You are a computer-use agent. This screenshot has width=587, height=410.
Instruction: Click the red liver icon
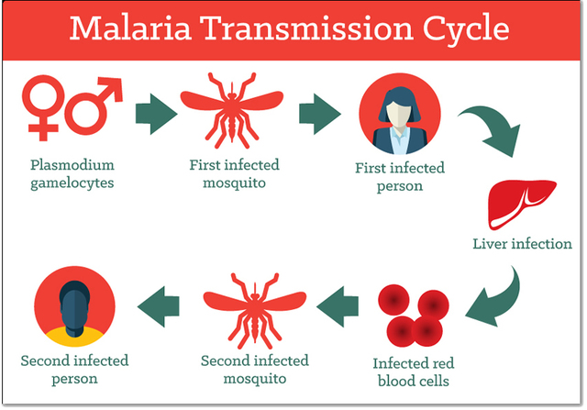tap(510, 203)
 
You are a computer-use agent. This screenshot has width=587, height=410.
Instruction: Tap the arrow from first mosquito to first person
tap(318, 113)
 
